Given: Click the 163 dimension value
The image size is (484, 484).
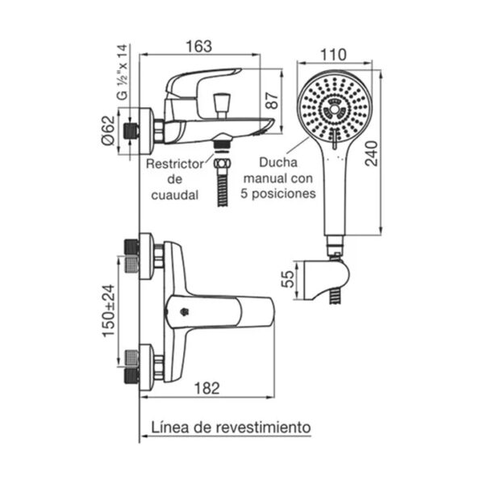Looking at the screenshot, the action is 199,46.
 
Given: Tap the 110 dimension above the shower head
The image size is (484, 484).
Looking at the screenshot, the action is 333,55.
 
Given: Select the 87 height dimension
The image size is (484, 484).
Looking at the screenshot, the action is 272,100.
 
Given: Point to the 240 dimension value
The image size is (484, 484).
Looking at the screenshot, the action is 371,154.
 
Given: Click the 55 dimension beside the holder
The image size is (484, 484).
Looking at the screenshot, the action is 288,279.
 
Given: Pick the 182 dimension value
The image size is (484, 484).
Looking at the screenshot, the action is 207,388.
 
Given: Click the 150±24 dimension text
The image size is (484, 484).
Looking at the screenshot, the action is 109,311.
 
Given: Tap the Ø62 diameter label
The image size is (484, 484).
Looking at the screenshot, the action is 108,130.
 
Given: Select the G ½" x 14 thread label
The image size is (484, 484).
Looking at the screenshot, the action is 123,72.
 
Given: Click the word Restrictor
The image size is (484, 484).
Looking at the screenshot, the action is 175,164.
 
